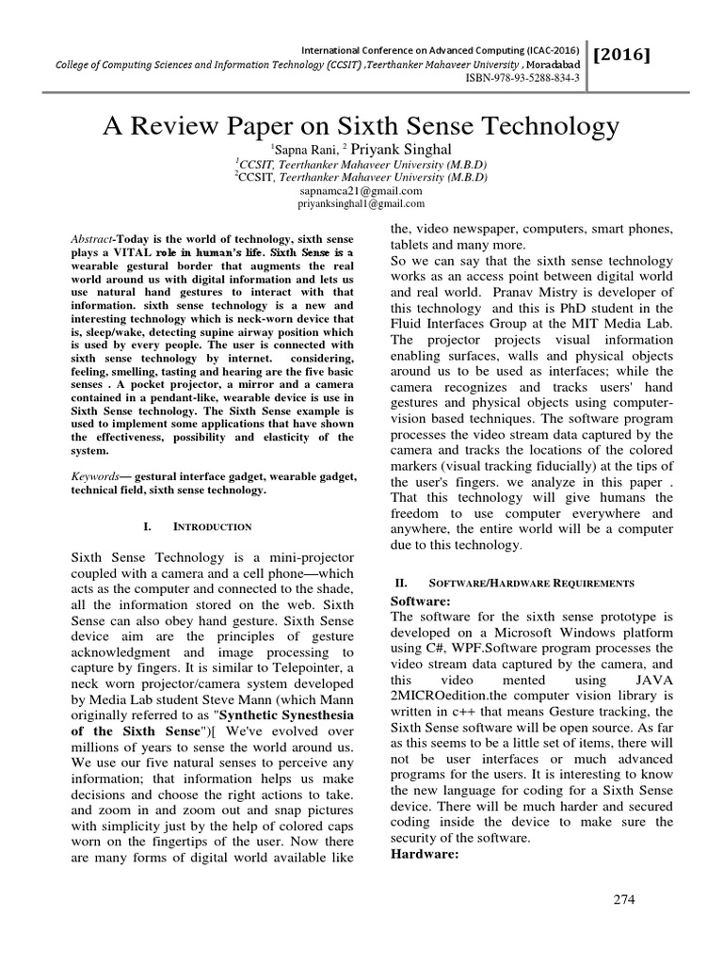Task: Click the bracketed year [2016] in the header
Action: click(x=622, y=56)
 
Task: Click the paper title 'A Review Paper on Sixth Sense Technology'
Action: click(x=361, y=126)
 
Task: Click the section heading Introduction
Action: click(x=214, y=526)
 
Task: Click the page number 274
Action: click(x=623, y=899)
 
